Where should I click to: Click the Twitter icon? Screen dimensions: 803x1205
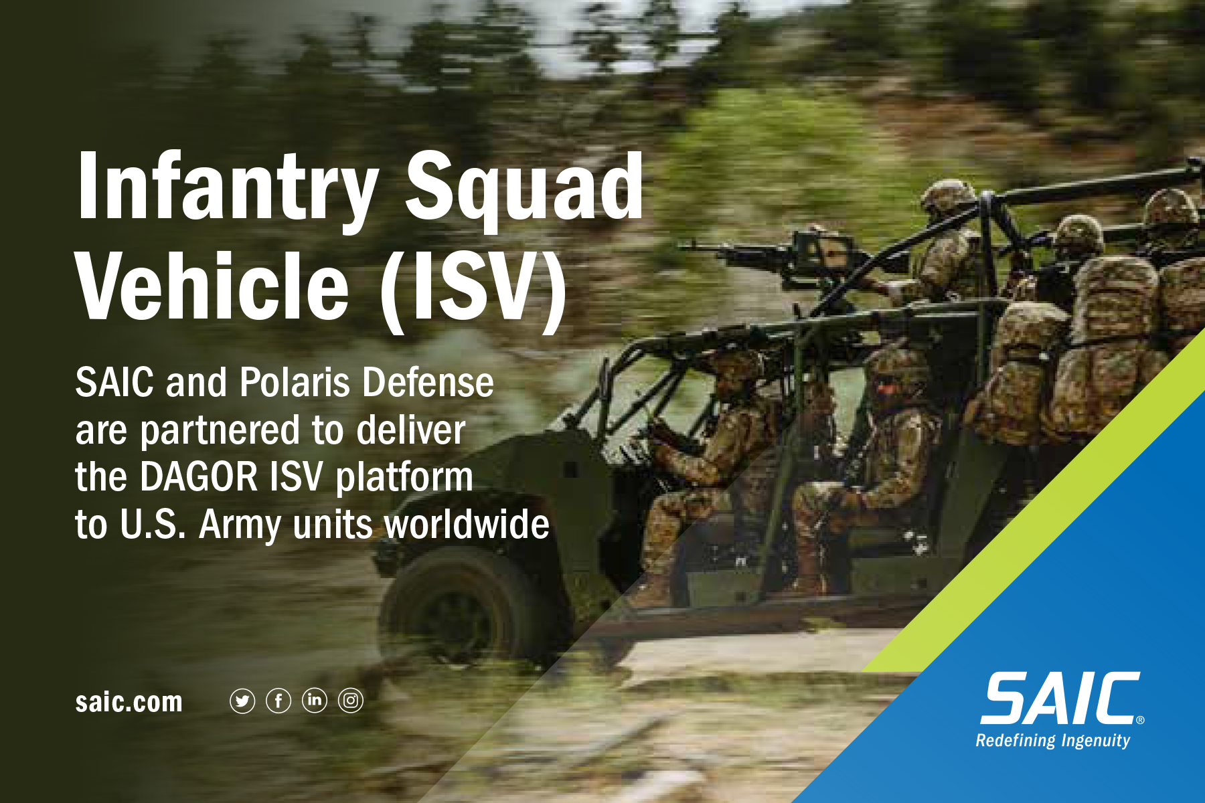pos(242,701)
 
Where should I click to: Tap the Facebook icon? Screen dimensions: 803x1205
pos(278,701)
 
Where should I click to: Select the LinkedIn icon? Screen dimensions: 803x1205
pos(315,701)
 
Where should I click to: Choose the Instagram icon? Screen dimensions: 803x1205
pos(351,701)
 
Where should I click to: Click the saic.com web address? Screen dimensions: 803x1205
pos(129,702)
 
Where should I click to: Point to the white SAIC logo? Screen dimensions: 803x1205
pos(1061,699)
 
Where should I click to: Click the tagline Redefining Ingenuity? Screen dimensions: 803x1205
pos(1052,741)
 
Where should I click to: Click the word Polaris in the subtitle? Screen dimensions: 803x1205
pos(295,383)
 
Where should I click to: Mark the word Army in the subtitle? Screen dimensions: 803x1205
pos(240,525)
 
